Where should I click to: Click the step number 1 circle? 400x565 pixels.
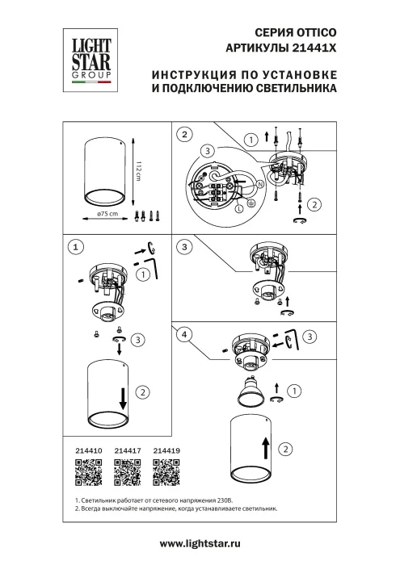[75, 245]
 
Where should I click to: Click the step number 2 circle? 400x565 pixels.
[186, 134]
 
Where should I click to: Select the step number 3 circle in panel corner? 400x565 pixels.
[186, 245]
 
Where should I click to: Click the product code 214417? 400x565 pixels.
[126, 454]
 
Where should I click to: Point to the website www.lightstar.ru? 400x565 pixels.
[200, 546]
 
